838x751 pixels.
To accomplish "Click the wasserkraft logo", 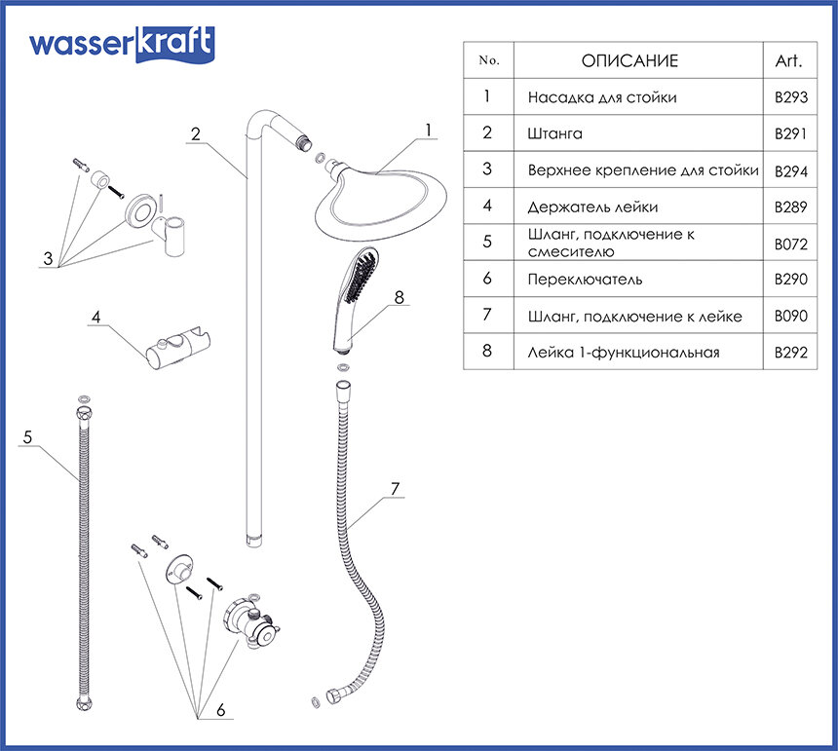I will click(121, 43).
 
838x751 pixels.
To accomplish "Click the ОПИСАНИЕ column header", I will click(629, 60).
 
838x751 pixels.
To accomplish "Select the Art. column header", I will click(788, 60).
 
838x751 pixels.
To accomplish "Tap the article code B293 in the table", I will click(790, 97).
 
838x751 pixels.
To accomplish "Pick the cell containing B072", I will click(790, 244).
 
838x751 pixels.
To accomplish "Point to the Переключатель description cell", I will click(585, 280).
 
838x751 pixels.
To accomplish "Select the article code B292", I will click(790, 353).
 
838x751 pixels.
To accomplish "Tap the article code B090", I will click(790, 317).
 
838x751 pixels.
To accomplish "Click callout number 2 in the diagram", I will click(196, 134).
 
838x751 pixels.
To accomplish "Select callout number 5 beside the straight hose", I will click(27, 438).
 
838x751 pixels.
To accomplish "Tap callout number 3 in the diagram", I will click(47, 259).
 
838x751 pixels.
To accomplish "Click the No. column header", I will click(489, 60).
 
